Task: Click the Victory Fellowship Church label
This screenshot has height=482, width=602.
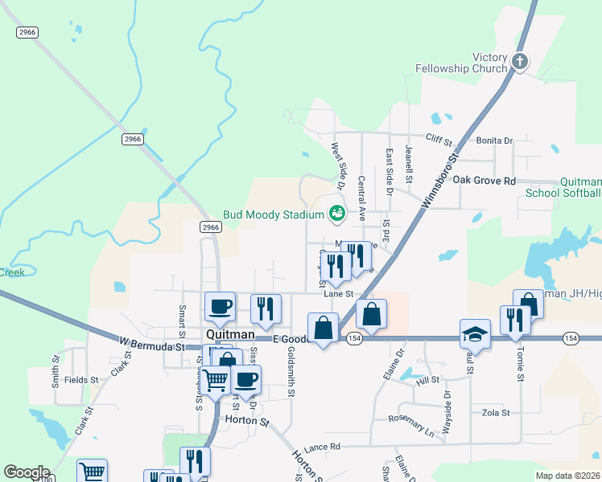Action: point(461,63)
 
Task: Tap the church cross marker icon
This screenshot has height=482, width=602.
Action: point(520,60)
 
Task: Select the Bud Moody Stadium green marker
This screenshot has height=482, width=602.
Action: point(336,214)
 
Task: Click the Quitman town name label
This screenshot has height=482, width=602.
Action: point(230,334)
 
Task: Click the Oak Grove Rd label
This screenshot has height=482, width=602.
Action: point(483,181)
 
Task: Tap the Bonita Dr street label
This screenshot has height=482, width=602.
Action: point(494,141)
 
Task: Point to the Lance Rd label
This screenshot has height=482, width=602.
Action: point(323,447)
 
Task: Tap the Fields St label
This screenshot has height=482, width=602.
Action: point(81,379)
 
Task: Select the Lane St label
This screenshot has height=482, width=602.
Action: point(339,294)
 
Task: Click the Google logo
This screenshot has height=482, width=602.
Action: point(27,472)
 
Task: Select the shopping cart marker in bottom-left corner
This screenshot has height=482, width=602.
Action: point(93,472)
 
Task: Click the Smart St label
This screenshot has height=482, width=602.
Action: point(182,320)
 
